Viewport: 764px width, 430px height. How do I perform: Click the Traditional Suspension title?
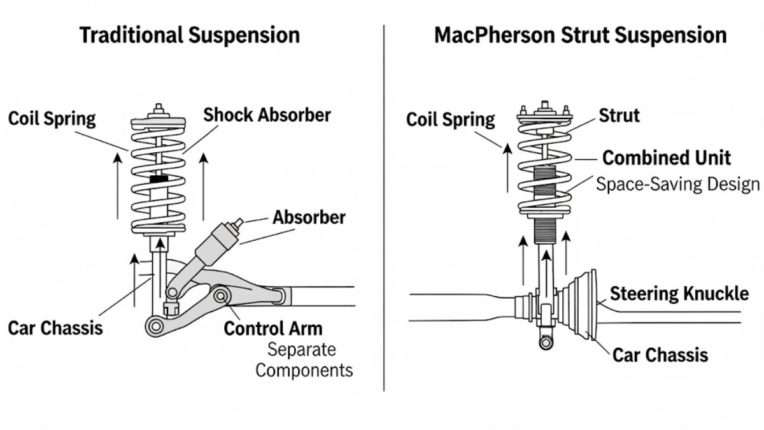click(x=189, y=35)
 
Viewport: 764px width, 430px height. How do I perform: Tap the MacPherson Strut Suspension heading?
click(x=580, y=35)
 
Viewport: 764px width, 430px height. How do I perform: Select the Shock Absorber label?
click(x=267, y=115)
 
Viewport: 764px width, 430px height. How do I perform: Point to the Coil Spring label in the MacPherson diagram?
click(x=450, y=119)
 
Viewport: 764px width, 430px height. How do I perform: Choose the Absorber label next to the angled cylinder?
click(x=309, y=217)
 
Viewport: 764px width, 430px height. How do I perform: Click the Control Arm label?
click(x=273, y=329)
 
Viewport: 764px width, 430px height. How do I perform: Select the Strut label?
click(x=619, y=116)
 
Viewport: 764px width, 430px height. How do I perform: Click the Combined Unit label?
click(x=667, y=157)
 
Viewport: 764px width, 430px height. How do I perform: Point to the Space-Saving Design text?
click(x=677, y=185)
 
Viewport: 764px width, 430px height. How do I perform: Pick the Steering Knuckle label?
click(x=679, y=294)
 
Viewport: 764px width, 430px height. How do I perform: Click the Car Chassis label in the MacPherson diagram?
click(x=660, y=354)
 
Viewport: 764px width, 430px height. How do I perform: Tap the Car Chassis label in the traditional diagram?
click(x=55, y=329)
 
